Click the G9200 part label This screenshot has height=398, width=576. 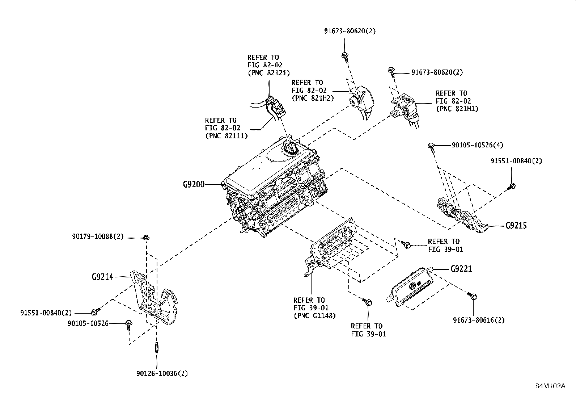[194, 184]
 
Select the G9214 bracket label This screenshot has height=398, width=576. [102, 277]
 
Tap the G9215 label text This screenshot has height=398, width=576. [516, 226]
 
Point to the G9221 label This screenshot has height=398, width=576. [461, 269]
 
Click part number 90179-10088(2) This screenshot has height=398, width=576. [98, 237]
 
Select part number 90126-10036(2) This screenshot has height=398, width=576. [162, 373]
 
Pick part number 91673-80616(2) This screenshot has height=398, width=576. [479, 320]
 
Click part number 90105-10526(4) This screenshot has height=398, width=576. [477, 145]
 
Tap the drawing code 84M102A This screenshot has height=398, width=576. [550, 386]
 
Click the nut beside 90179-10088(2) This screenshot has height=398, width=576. [146, 238]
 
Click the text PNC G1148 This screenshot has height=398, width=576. [314, 316]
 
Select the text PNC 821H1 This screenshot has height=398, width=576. [457, 109]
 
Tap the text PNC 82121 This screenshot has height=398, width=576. [268, 73]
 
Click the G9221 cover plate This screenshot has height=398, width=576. [412, 287]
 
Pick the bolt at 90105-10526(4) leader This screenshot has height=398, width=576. [431, 146]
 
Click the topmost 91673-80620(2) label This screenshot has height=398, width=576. [350, 31]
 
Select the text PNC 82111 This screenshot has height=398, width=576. [226, 136]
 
